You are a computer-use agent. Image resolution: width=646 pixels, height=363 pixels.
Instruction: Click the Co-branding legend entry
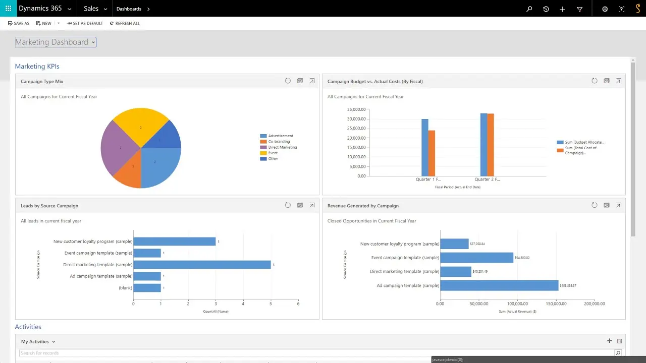(x=279, y=142)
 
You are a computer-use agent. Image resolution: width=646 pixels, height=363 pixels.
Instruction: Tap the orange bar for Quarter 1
(x=432, y=153)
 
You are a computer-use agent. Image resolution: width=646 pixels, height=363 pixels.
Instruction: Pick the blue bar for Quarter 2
(x=483, y=145)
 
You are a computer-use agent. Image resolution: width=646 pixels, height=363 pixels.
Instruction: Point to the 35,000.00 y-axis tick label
(x=356, y=109)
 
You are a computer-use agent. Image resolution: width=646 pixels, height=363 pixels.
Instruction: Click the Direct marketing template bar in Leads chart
(x=202, y=265)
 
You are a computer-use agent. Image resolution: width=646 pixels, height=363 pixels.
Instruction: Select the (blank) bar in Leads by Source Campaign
(x=147, y=288)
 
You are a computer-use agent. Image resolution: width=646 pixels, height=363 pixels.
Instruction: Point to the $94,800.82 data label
(x=522, y=258)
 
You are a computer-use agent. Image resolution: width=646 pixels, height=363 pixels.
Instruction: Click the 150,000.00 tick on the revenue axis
(x=556, y=304)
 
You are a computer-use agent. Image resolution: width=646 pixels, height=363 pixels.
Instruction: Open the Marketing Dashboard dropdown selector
(x=56, y=42)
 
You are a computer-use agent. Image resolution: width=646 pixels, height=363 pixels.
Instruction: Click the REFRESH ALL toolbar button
(x=125, y=23)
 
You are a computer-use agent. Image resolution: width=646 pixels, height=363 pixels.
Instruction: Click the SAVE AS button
(x=19, y=23)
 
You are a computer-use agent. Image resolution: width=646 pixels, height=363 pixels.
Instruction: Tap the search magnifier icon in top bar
(x=529, y=9)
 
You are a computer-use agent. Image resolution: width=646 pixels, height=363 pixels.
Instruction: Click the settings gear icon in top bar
(x=605, y=9)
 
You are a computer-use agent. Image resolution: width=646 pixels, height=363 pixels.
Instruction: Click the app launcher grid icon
(x=8, y=9)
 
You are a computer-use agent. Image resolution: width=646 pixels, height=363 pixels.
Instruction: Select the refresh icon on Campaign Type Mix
(x=288, y=81)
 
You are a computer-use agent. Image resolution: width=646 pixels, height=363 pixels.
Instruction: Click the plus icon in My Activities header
(x=609, y=341)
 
